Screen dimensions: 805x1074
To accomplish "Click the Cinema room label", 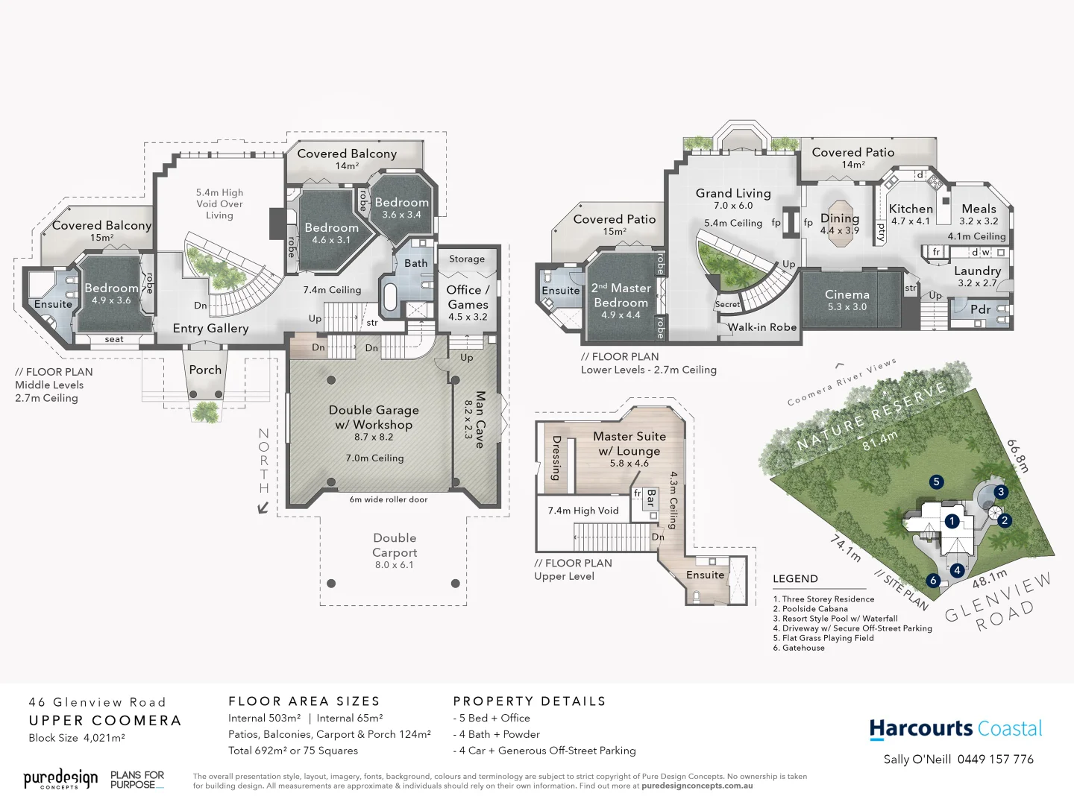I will click(847, 300).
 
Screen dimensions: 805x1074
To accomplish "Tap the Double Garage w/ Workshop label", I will click(374, 423).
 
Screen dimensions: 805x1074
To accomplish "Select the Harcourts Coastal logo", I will click(955, 729).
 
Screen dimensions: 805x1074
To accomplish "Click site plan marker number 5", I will click(936, 482).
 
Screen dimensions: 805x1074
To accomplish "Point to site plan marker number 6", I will click(932, 580).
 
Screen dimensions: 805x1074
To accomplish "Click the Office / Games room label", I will click(468, 301).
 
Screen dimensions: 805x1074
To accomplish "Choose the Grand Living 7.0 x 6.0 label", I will click(733, 198).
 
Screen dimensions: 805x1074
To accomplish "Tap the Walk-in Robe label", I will click(761, 327).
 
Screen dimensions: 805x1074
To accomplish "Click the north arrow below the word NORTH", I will click(263, 508).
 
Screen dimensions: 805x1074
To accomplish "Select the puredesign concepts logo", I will click(60, 779).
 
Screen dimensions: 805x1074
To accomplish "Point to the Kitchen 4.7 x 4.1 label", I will click(910, 214).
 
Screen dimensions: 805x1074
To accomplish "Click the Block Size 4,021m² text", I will click(77, 738).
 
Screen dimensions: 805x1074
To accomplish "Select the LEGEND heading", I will click(795, 578).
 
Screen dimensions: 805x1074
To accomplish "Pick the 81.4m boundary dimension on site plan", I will click(879, 441).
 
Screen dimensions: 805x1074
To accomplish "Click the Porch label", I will click(205, 370).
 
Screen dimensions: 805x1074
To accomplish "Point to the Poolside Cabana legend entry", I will click(814, 609).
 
